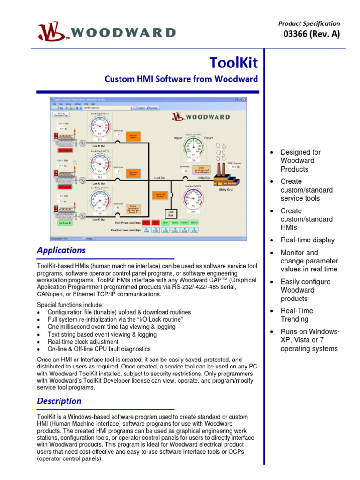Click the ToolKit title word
[x=233, y=62]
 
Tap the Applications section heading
[x=61, y=250]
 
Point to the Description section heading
[x=59, y=401]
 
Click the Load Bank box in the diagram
[x=171, y=213]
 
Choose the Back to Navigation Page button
[x=60, y=114]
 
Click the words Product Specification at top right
[x=309, y=23]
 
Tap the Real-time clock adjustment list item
[x=83, y=341]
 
